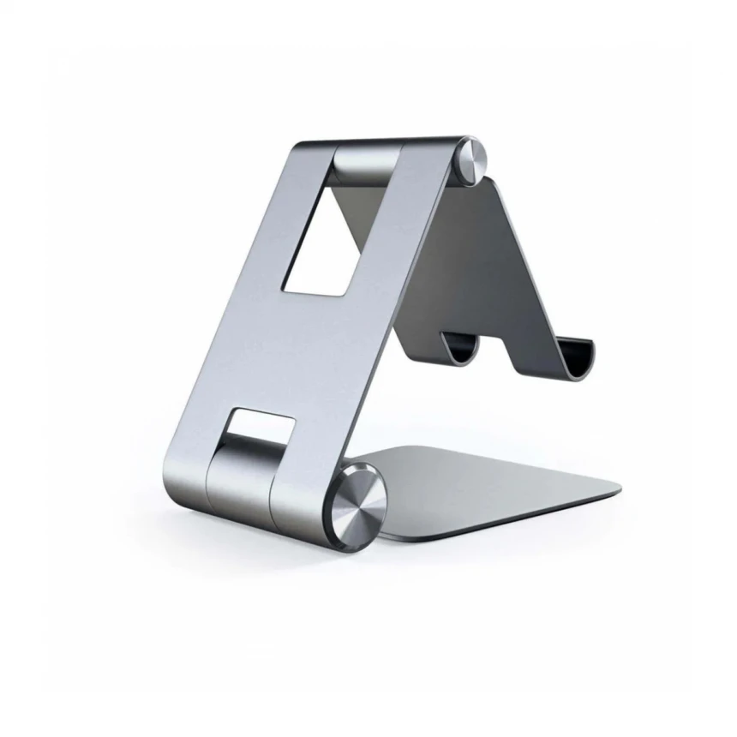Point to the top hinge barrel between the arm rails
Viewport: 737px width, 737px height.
[367, 162]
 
